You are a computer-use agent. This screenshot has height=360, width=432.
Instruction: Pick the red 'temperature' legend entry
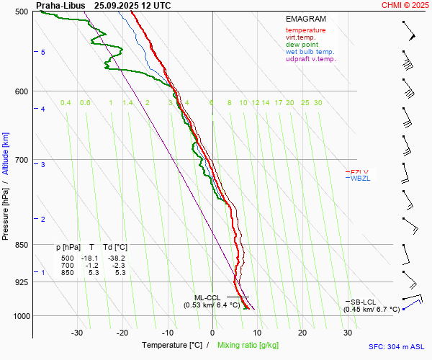point(305,30)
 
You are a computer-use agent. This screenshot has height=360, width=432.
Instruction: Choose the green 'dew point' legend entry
point(302,45)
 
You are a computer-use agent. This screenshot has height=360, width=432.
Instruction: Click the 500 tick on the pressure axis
point(21,12)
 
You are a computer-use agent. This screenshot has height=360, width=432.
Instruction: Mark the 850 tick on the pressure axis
point(21,245)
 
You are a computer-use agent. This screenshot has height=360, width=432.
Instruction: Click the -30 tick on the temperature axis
point(77,333)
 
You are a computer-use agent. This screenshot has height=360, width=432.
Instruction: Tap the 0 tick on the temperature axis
point(212,333)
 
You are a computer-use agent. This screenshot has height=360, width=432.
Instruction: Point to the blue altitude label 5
point(43,53)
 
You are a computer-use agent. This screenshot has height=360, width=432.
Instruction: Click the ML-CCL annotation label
point(207,297)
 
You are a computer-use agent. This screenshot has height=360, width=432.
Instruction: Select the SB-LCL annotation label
point(364,302)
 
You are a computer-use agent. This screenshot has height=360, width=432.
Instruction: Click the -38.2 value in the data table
point(116,258)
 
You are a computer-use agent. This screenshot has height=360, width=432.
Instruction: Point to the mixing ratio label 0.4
point(66,103)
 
